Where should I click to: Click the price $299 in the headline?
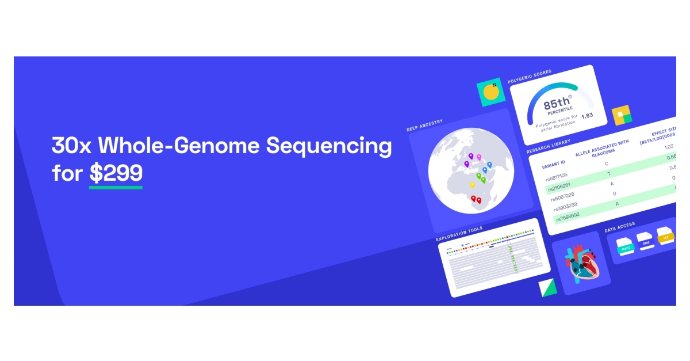pos(116,173)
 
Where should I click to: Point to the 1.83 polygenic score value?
pos(586,116)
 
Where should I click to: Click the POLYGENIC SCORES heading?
pos(529,73)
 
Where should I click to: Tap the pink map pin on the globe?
pos(478,157)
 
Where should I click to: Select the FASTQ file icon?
pos(625,244)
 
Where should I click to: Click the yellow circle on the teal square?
pos(490,92)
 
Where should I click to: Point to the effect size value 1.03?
pos(668,147)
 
